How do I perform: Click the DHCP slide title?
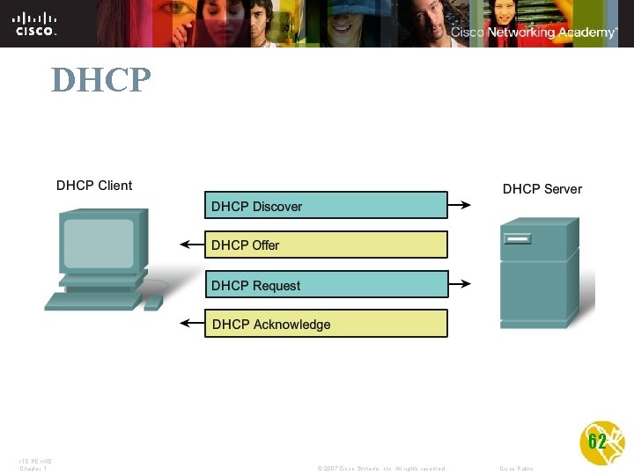101,80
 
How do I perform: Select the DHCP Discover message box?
326,206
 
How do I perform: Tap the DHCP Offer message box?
326,245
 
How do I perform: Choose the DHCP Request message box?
326,285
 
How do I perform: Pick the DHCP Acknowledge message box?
326,324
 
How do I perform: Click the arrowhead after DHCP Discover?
466,206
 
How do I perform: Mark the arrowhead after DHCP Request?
466,284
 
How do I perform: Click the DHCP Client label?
94,185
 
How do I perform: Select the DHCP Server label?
542,188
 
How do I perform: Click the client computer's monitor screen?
99,243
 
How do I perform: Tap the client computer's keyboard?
92,301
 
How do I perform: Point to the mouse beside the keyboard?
153,303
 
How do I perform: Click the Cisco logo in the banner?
35,23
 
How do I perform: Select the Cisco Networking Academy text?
534,32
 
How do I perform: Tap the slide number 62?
597,442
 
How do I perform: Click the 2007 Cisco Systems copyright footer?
380,468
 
